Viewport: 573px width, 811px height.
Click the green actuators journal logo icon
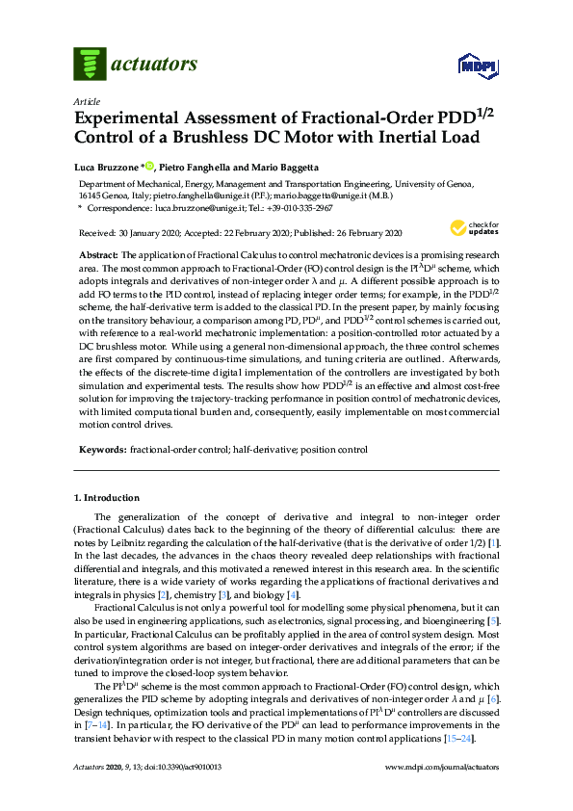tap(90, 65)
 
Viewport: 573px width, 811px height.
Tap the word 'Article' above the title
tap(86, 100)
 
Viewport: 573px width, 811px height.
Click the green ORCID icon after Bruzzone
tap(150, 166)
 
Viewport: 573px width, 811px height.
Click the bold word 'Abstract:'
tap(97, 251)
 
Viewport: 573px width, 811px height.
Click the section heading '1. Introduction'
tap(107, 498)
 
